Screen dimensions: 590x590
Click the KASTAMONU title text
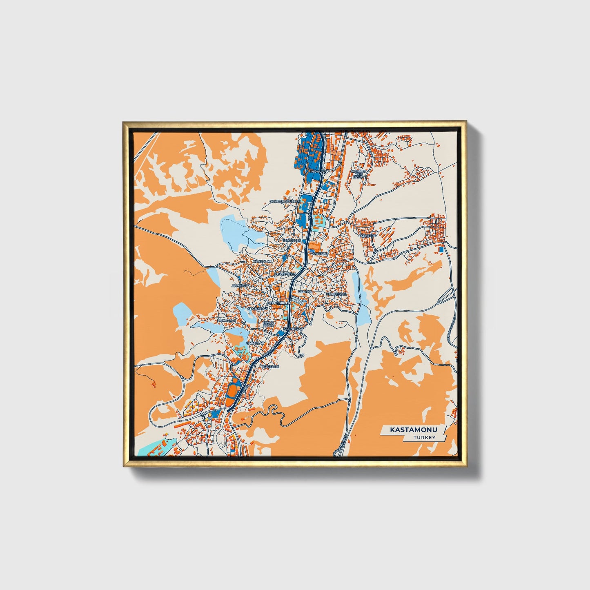pyautogui.click(x=413, y=430)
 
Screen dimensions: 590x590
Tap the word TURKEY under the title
pyautogui.click(x=424, y=437)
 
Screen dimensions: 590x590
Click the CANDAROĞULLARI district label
pyautogui.click(x=284, y=202)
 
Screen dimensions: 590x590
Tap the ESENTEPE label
pyautogui.click(x=366, y=236)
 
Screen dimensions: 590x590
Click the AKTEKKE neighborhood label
pyautogui.click(x=320, y=254)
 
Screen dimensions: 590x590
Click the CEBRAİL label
pyautogui.click(x=305, y=292)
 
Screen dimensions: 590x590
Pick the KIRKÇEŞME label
pyautogui.click(x=336, y=294)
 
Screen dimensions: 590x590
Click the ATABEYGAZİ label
pyautogui.click(x=257, y=309)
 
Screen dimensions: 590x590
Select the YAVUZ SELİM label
pyautogui.click(x=267, y=324)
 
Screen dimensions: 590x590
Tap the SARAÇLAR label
pyautogui.click(x=255, y=343)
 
